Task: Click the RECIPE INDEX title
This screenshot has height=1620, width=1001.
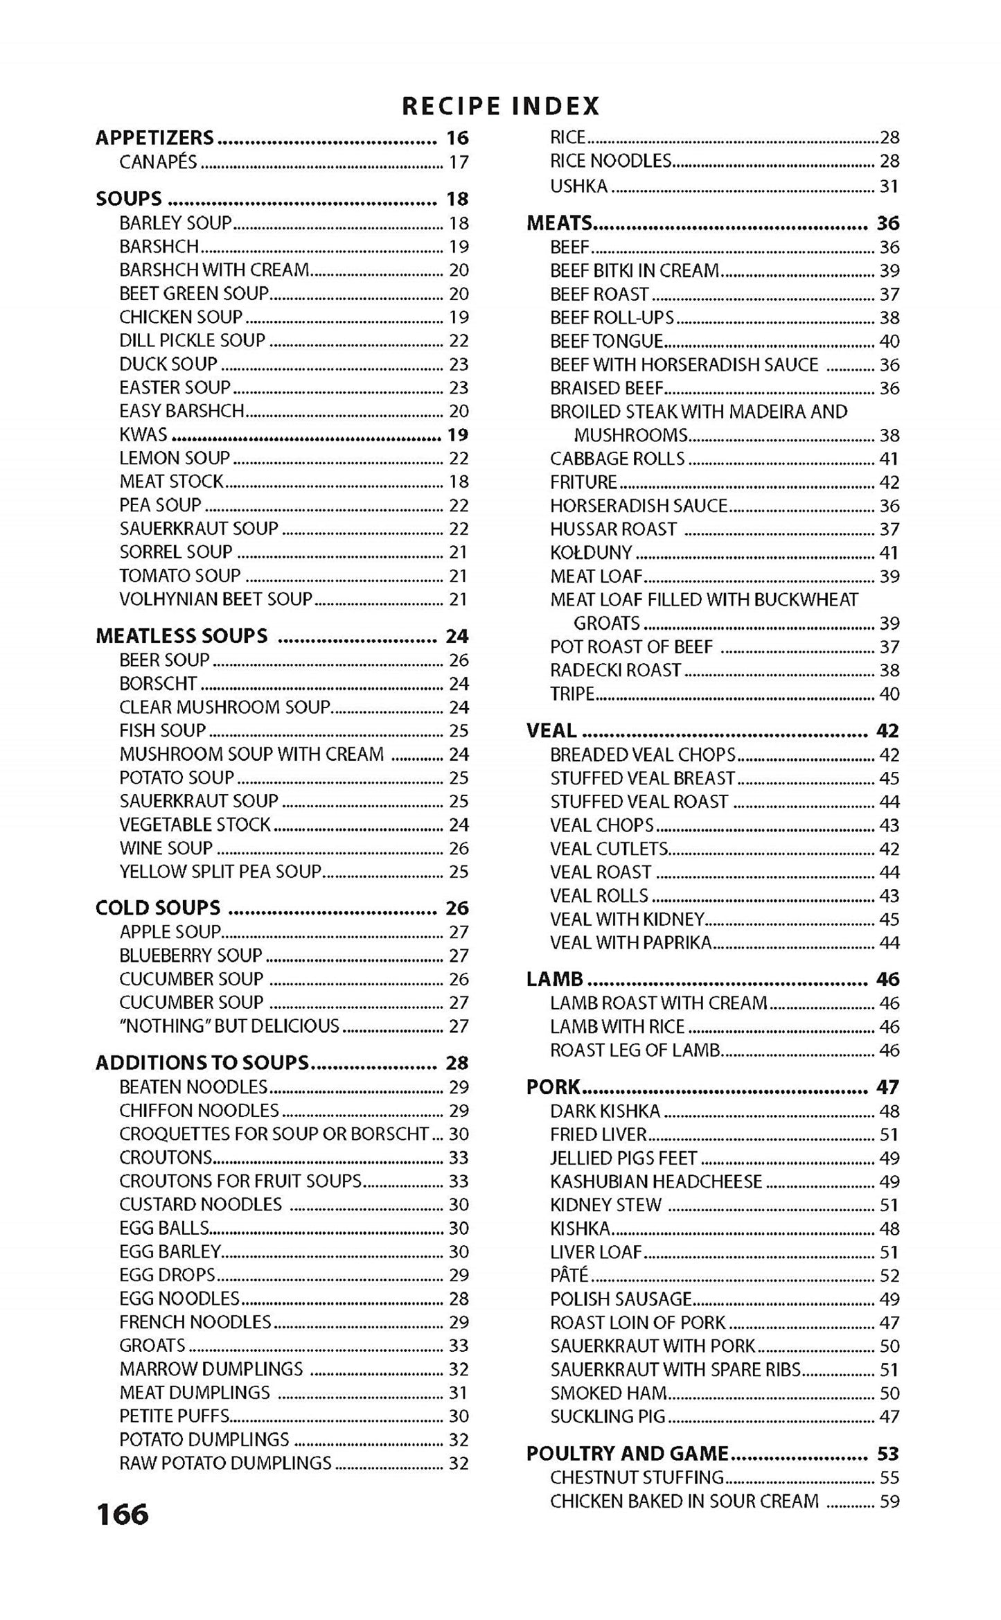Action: pyautogui.click(x=500, y=106)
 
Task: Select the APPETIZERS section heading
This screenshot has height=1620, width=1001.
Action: pyautogui.click(x=155, y=138)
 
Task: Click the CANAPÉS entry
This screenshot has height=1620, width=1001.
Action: pyautogui.click(x=159, y=162)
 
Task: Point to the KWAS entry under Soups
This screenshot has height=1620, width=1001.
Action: pyautogui.click(x=143, y=434)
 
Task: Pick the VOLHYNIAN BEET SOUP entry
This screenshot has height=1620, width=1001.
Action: pyautogui.click(x=216, y=599)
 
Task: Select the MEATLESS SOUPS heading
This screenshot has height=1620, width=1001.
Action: pyautogui.click(x=181, y=635)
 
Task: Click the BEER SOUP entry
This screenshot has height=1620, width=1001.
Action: pyautogui.click(x=164, y=660)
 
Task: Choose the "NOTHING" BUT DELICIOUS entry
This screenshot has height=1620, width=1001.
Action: pyautogui.click(x=229, y=1025)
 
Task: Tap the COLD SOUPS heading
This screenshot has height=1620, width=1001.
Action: pyautogui.click(x=158, y=908)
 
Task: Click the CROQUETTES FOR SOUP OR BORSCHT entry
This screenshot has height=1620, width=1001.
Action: pyautogui.click(x=274, y=1134)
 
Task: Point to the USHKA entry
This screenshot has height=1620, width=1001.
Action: pyautogui.click(x=579, y=186)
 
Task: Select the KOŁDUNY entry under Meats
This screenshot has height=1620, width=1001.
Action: pyautogui.click(x=591, y=552)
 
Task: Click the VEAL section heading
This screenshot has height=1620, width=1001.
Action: pyautogui.click(x=551, y=730)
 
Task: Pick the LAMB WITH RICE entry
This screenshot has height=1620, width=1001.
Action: pyautogui.click(x=617, y=1026)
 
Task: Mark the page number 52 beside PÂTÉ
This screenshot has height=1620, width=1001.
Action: pyautogui.click(x=889, y=1275)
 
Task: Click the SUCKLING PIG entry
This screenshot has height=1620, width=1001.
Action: pyautogui.click(x=608, y=1416)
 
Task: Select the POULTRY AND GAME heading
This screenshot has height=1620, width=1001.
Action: pyautogui.click(x=628, y=1453)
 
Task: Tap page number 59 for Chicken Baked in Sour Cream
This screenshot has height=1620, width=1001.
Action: pyautogui.click(x=889, y=1501)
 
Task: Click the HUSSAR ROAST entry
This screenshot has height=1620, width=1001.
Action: pyautogui.click(x=613, y=529)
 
